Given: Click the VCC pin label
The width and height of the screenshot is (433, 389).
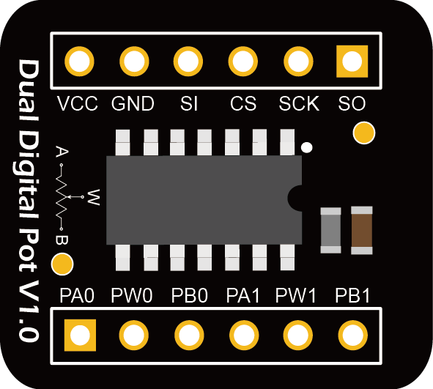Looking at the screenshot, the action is (x=78, y=103).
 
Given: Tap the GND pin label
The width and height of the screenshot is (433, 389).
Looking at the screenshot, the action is (x=133, y=103).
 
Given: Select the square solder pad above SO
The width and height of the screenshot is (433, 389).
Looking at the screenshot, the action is (x=352, y=62).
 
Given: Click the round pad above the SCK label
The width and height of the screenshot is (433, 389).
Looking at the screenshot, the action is (x=298, y=62).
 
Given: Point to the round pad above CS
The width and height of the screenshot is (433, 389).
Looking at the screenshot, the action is (x=243, y=62).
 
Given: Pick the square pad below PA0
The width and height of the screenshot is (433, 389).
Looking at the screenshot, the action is (x=80, y=336).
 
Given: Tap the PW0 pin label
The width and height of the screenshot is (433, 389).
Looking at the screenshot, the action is (x=132, y=295).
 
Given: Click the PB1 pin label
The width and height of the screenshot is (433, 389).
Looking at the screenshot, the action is (x=352, y=295).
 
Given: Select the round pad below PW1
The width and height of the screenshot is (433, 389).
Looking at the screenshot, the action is (x=298, y=336).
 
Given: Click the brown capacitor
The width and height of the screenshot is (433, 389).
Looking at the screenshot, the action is (x=362, y=230).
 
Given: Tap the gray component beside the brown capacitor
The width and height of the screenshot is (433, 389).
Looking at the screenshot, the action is (x=331, y=230).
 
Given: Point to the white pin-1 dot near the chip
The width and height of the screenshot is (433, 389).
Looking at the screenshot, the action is (x=306, y=147).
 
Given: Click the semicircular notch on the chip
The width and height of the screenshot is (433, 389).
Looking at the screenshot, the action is (x=295, y=198).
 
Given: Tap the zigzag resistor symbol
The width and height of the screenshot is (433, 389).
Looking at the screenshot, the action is (x=62, y=197).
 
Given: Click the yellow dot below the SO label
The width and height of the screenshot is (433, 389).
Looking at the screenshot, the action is (x=364, y=133).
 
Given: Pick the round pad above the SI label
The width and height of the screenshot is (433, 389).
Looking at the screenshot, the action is (x=188, y=62).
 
